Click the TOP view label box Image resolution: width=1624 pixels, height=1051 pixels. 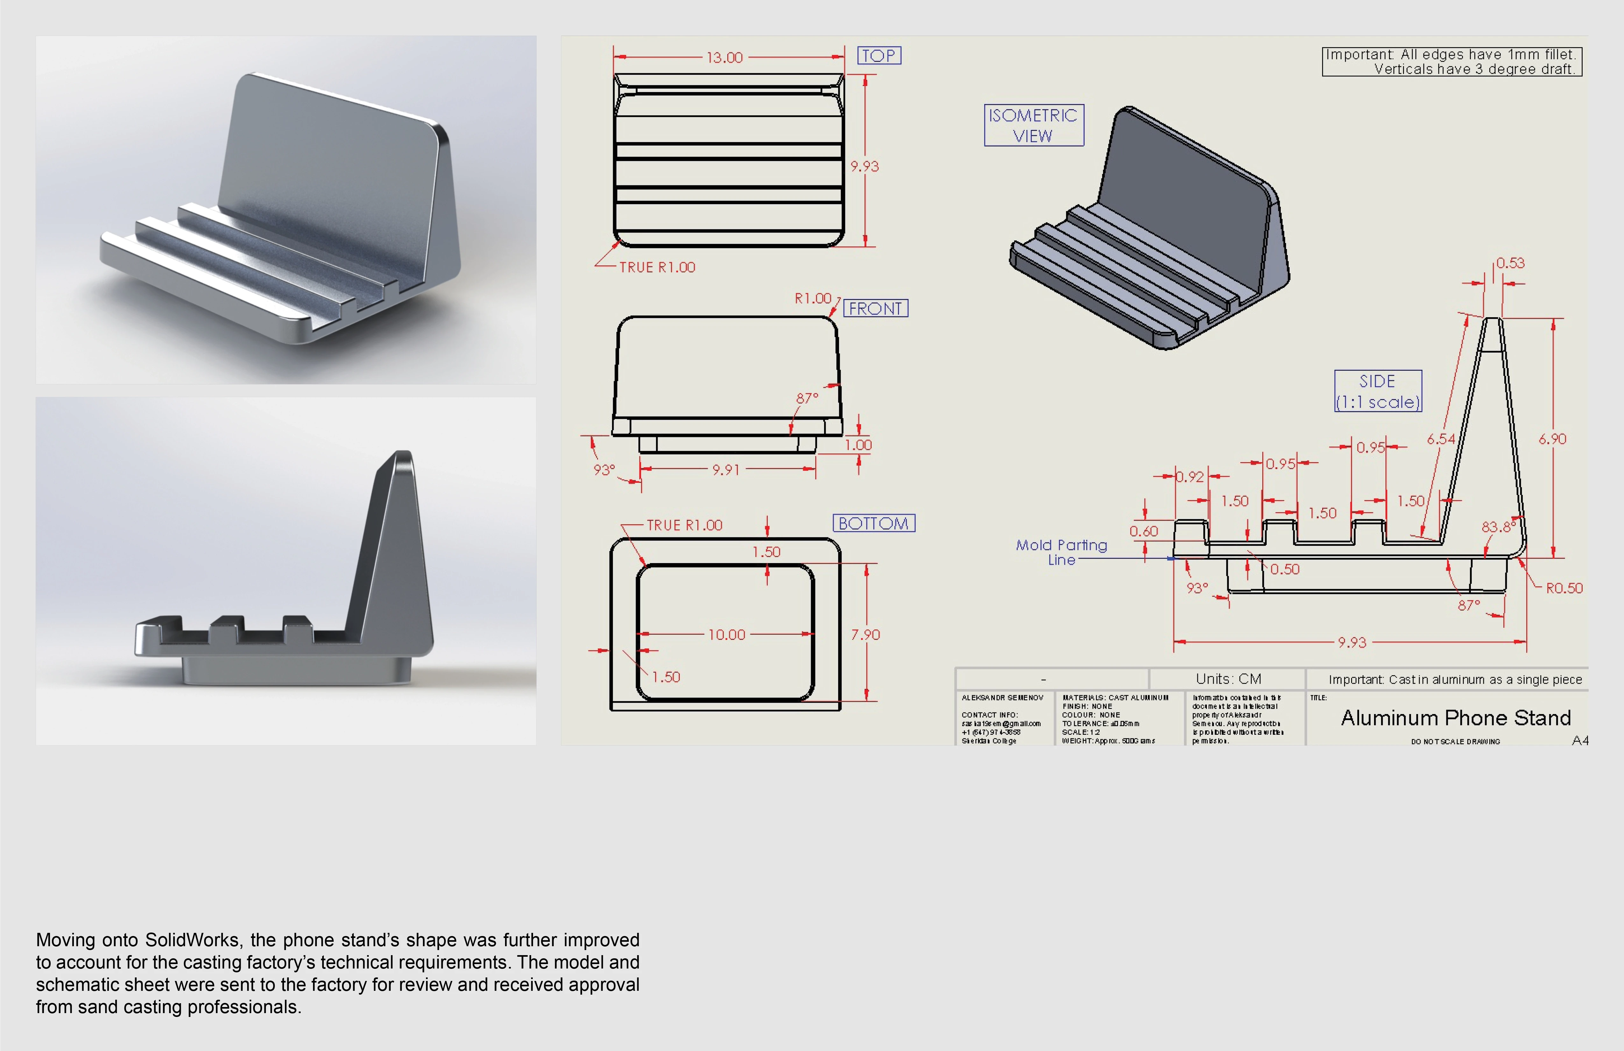pos(879,55)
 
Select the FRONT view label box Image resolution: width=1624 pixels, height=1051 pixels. pos(875,309)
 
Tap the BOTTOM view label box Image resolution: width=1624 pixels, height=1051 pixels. pos(873,524)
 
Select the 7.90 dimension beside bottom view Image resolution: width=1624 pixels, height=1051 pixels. pos(865,635)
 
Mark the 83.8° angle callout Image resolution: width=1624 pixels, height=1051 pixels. pos(1498,527)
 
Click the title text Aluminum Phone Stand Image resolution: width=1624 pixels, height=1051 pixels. pos(1456,718)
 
